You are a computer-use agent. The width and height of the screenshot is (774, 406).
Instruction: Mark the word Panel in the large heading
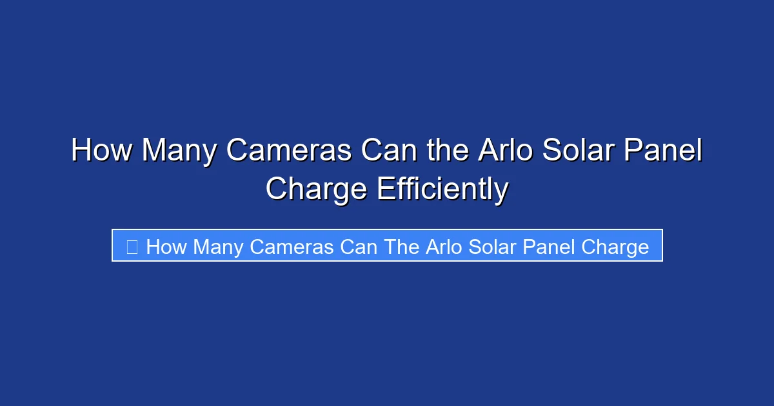(x=664, y=151)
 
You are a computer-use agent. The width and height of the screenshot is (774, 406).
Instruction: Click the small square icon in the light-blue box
(x=132, y=247)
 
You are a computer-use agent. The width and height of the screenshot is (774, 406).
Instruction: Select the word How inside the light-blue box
(x=166, y=247)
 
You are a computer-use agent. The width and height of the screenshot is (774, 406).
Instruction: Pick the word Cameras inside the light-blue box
(x=292, y=247)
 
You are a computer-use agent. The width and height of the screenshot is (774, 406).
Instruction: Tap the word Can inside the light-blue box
(x=359, y=247)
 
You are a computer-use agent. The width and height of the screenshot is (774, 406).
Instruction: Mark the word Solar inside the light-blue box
(x=491, y=247)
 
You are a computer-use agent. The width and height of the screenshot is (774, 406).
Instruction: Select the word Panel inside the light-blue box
(x=550, y=247)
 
